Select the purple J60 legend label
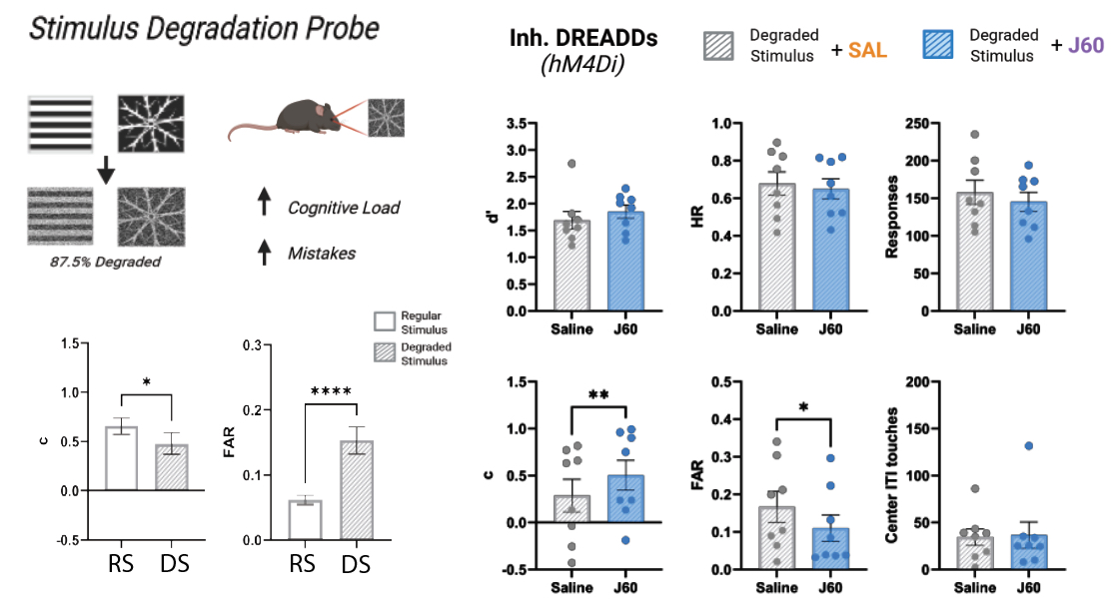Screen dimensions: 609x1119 [1082, 46]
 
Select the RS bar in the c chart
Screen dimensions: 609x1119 [123, 458]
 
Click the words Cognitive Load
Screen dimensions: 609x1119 [344, 208]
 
